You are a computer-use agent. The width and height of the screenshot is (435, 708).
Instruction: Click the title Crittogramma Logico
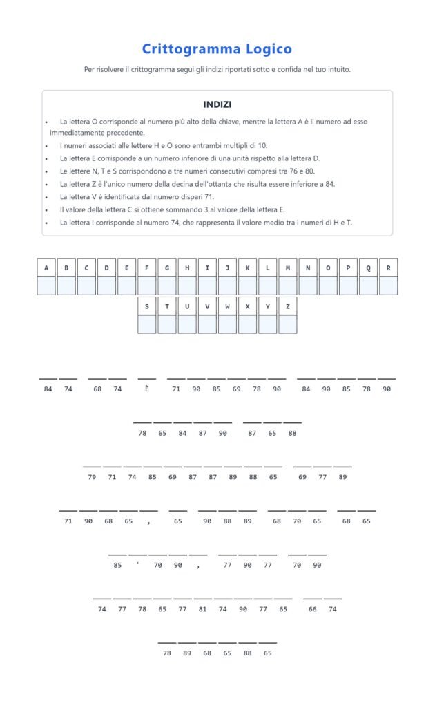point(217,49)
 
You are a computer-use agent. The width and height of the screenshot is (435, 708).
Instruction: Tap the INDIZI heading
point(217,104)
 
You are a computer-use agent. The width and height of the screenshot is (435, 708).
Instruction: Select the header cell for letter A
point(46,268)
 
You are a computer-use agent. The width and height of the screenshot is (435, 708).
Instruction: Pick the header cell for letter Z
point(287,306)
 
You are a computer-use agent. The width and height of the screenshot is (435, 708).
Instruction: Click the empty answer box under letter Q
point(368,286)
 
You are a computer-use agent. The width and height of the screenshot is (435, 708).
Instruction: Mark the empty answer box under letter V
point(207,324)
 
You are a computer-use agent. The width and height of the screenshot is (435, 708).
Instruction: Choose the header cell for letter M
point(287,268)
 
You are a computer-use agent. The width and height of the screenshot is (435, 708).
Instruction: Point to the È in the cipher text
point(146,389)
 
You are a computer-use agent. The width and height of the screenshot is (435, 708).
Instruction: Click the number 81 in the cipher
point(202,609)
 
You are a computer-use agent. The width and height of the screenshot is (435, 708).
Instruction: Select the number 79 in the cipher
point(92,477)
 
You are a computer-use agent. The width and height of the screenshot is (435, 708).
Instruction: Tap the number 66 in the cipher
point(313,609)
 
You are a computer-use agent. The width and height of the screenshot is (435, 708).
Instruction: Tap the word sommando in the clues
point(193,209)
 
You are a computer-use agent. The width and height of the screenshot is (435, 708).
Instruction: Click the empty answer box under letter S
point(147,324)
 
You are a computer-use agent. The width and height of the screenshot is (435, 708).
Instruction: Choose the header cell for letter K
point(247,268)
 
